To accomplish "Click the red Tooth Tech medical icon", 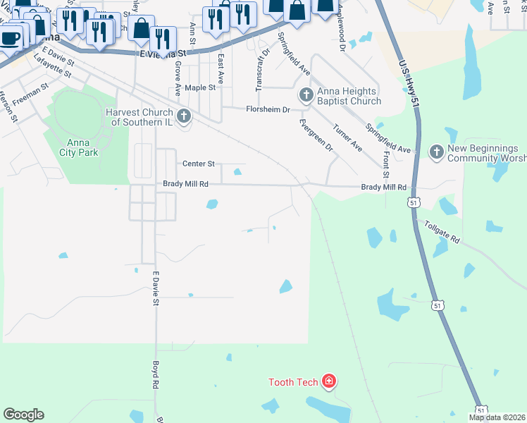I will click(x=328, y=382).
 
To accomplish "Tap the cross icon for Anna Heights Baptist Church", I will click(x=306, y=95).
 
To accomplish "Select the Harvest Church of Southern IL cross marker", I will click(x=184, y=116).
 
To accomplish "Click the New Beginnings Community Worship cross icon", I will click(x=436, y=152).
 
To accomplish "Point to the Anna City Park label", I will click(x=78, y=147).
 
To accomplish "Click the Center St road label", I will click(x=198, y=164).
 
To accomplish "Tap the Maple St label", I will click(x=199, y=88).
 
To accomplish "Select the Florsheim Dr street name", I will click(x=268, y=109).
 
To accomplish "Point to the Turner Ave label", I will click(x=347, y=138).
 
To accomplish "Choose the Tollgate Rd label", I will click(x=442, y=233).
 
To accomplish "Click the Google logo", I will click(x=24, y=415).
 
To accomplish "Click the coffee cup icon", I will click(x=10, y=37).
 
